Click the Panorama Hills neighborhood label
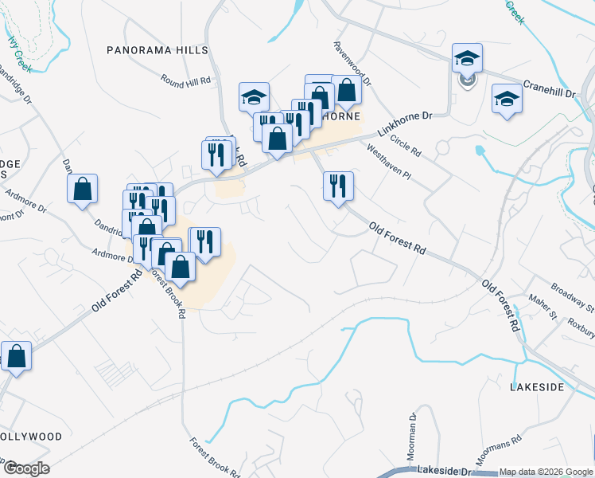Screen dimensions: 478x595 coord(157,50)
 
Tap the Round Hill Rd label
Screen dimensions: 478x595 coord(185,80)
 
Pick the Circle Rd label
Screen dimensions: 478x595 coord(405,146)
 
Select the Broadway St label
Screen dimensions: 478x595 coord(573,296)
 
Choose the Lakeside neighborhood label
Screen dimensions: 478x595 coord(536,387)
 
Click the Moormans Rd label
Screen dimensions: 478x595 coord(498,447)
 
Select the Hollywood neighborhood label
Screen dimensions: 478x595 coord(30,437)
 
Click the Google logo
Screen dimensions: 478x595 coord(26,468)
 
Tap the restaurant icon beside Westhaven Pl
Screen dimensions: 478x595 coord(338,186)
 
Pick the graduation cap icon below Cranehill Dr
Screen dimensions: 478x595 coord(507,99)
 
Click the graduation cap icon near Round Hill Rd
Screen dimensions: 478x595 coord(254,97)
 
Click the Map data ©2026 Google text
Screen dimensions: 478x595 coord(545,472)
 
